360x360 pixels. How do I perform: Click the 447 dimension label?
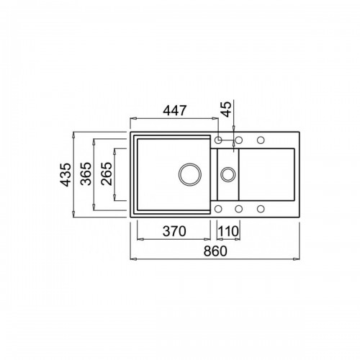174,111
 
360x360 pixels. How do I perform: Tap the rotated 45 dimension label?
226,109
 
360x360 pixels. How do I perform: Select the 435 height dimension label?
66,174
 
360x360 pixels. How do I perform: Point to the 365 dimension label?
86,174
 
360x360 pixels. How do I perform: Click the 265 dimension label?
107,174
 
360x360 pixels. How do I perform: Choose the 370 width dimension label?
174,232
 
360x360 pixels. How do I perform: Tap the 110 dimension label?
228,232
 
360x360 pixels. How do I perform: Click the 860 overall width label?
215,251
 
